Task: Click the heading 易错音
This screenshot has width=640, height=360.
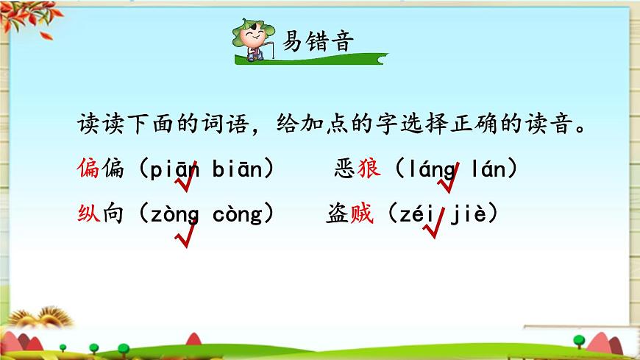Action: tap(318, 41)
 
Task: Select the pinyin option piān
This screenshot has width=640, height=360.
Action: tap(174, 170)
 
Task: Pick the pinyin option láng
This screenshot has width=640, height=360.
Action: tap(431, 170)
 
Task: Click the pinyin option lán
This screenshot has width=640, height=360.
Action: tap(488, 170)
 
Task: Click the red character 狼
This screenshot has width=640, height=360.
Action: tap(369, 170)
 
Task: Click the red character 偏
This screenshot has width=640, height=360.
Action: tap(89, 170)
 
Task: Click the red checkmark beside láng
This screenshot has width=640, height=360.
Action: tap(449, 180)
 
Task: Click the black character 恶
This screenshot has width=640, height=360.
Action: tap(345, 170)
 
